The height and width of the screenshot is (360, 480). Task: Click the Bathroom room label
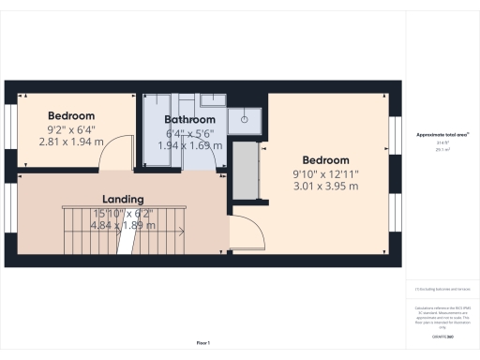coord(190,120)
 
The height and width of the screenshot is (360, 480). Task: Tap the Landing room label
coord(123,200)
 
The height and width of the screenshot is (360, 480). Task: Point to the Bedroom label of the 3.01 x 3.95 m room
coord(325,159)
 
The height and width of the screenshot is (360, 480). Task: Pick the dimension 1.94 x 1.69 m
coord(189,146)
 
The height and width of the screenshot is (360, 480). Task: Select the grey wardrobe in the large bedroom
coord(246,172)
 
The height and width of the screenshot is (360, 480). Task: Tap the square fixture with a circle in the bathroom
coord(248,118)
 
